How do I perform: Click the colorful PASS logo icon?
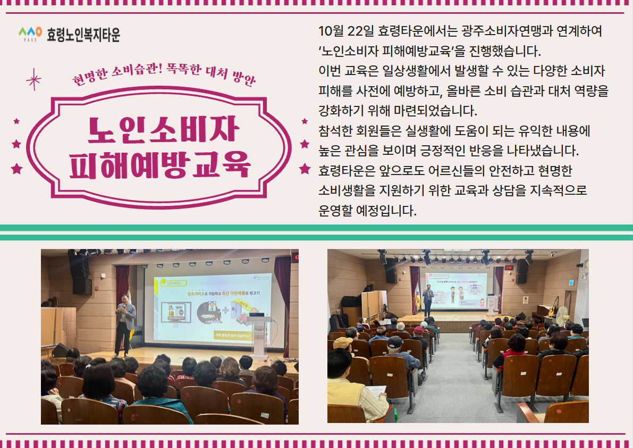tap(30, 34)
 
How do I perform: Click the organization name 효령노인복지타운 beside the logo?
tap(83, 35)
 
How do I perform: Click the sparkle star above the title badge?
tap(34, 80)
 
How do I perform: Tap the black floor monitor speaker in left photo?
tap(60, 350)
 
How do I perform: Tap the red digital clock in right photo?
tap(509, 267)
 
